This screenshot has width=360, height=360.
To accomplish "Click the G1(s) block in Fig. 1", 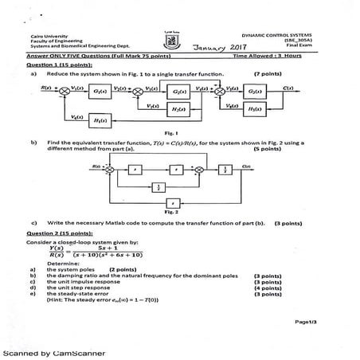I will pyautogui.click(x=100, y=92).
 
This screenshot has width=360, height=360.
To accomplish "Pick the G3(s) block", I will pyautogui.click(x=253, y=91).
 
